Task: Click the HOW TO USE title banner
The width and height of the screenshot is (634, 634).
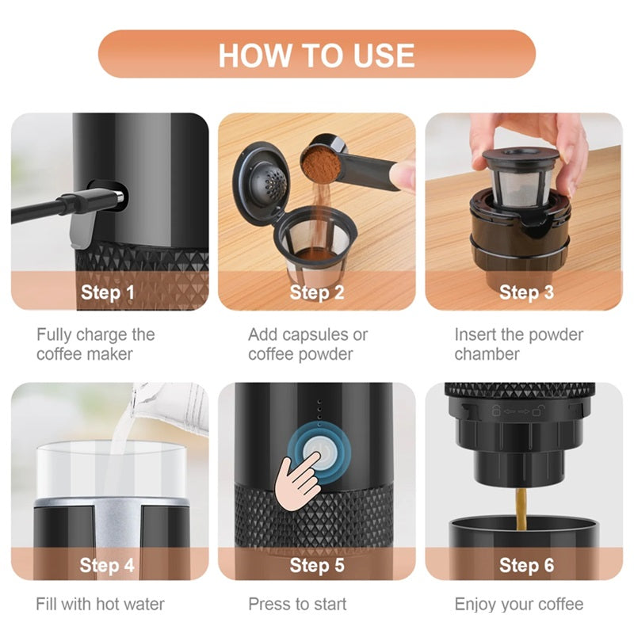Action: tap(316, 54)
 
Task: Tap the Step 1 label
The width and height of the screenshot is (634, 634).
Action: tap(107, 292)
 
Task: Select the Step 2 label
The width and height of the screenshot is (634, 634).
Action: tap(316, 292)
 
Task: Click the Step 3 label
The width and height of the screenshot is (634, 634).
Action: tap(526, 292)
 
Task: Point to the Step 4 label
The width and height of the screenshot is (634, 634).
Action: tap(107, 565)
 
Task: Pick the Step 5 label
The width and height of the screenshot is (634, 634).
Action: tap(316, 565)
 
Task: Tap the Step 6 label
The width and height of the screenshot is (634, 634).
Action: tap(526, 565)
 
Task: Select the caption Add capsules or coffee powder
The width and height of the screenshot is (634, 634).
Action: tap(307, 344)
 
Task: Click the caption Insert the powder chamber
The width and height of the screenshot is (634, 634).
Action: tap(518, 344)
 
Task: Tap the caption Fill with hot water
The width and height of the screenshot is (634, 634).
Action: tap(100, 604)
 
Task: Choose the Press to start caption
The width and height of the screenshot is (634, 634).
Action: tap(297, 604)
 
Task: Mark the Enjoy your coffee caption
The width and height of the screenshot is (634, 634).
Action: tap(518, 604)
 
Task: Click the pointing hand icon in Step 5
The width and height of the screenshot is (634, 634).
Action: tap(297, 479)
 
